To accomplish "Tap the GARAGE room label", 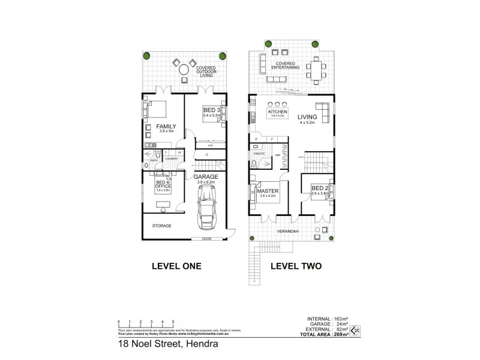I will tap(205, 178).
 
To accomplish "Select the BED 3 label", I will tap(211, 110).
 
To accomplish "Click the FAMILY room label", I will tap(165, 127).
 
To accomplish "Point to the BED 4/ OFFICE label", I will tap(163, 184).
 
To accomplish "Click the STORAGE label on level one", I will tap(161, 226).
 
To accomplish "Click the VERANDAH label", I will tap(286, 230).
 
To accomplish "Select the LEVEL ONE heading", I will tap(175, 266).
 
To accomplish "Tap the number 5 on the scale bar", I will tap(173, 322).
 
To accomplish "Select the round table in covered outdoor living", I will tap(184, 71).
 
